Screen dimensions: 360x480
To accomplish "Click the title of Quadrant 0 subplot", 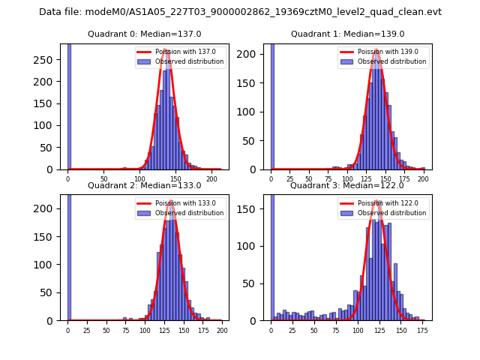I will (x=144, y=34).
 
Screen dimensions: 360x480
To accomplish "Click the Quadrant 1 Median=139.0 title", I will (x=347, y=34).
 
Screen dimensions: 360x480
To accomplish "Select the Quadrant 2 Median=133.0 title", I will (x=144, y=185).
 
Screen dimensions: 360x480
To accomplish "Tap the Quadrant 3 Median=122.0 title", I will (x=347, y=185).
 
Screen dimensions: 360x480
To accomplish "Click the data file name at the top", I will (x=240, y=12).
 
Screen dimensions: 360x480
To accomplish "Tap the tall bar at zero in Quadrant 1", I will (x=272, y=105).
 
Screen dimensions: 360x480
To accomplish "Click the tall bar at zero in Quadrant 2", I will (x=69, y=255).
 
